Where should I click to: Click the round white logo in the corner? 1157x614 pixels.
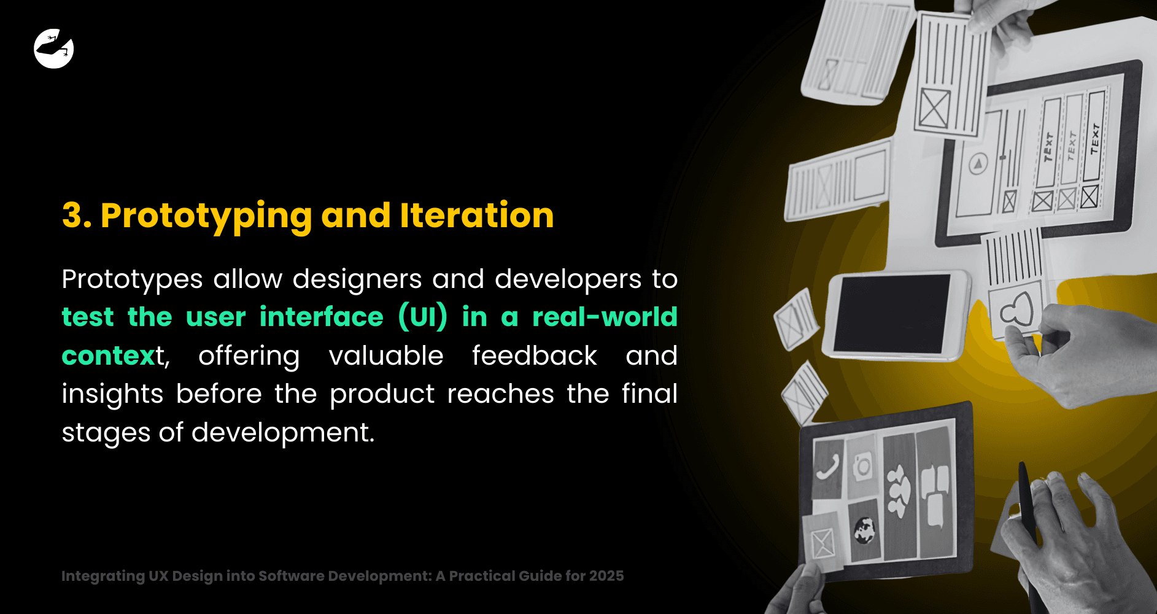[54, 49]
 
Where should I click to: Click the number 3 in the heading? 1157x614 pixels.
[73, 216]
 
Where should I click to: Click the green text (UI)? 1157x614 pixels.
[423, 317]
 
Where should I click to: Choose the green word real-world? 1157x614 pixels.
[605, 317]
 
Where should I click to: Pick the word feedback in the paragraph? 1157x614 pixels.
[535, 355]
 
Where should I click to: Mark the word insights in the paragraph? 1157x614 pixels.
[112, 394]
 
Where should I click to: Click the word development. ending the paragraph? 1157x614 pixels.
[283, 432]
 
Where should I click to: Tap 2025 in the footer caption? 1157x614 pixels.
[606, 576]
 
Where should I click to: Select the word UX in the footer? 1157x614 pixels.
[158, 576]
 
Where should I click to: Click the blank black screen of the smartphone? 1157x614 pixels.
[893, 314]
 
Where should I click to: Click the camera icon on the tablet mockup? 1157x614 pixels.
[862, 467]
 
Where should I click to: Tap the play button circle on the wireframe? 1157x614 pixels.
[978, 164]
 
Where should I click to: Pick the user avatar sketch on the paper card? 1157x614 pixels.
[1018, 309]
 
